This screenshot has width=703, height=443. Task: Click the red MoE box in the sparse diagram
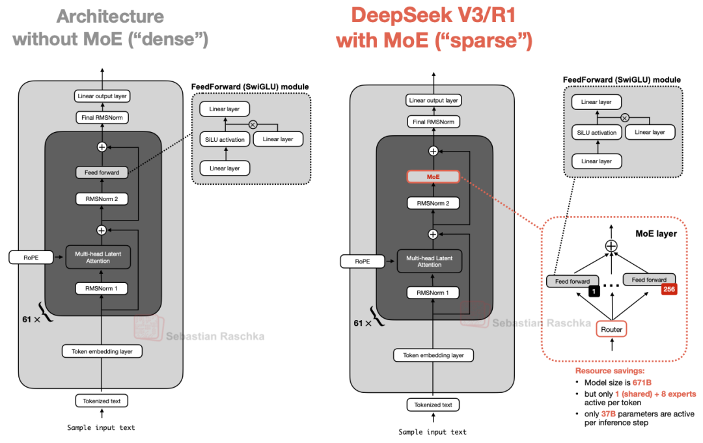[433, 176]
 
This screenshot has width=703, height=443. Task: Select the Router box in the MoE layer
[611, 329]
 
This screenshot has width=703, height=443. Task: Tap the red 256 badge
[669, 290]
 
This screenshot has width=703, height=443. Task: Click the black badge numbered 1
[594, 291]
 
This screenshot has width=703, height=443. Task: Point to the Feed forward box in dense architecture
[102, 172]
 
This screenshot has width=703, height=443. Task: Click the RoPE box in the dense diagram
[31, 257]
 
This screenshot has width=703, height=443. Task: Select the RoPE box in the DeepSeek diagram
[363, 261]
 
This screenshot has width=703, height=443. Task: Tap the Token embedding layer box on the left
[102, 351]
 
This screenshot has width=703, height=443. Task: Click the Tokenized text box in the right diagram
[433, 405]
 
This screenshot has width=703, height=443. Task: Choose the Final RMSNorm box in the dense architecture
[102, 118]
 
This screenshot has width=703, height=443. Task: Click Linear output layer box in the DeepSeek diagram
[433, 100]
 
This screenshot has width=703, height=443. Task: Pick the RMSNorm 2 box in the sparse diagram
[433, 203]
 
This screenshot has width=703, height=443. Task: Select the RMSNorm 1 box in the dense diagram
[102, 288]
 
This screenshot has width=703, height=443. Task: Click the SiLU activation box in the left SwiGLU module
[224, 139]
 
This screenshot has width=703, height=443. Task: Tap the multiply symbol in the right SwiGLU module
[624, 118]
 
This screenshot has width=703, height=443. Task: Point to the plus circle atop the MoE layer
[611, 246]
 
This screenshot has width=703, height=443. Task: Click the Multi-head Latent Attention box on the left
[98, 257]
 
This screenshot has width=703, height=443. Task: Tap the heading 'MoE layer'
[655, 234]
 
